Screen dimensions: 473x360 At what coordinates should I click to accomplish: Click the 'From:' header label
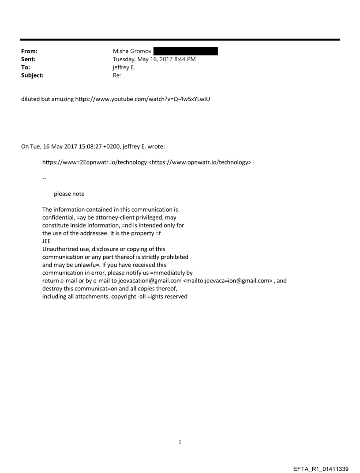click(x=30, y=52)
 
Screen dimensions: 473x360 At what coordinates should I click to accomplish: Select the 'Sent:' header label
click(x=29, y=60)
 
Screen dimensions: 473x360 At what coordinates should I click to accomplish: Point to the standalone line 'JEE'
click(x=46, y=241)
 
